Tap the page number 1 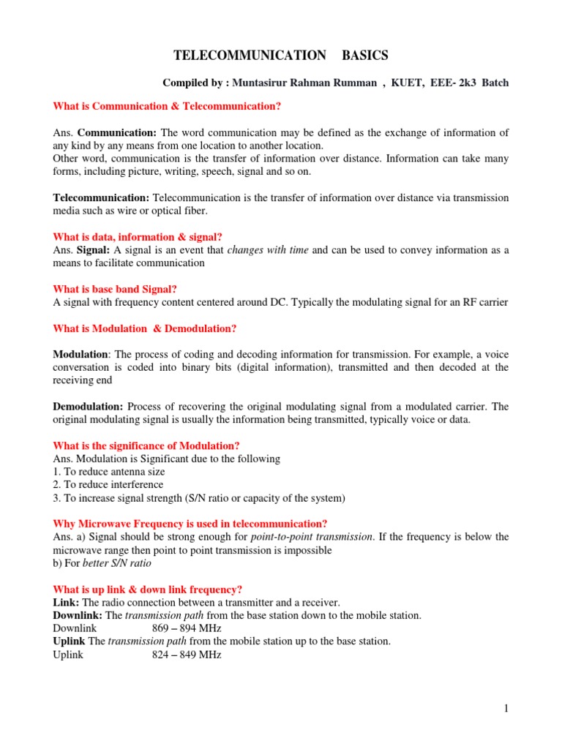[x=506, y=708]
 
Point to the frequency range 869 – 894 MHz [x=187, y=628]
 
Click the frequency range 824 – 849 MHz [x=187, y=655]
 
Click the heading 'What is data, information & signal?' [x=138, y=237]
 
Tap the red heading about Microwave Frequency [x=190, y=523]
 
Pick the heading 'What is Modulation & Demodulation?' [x=145, y=328]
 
